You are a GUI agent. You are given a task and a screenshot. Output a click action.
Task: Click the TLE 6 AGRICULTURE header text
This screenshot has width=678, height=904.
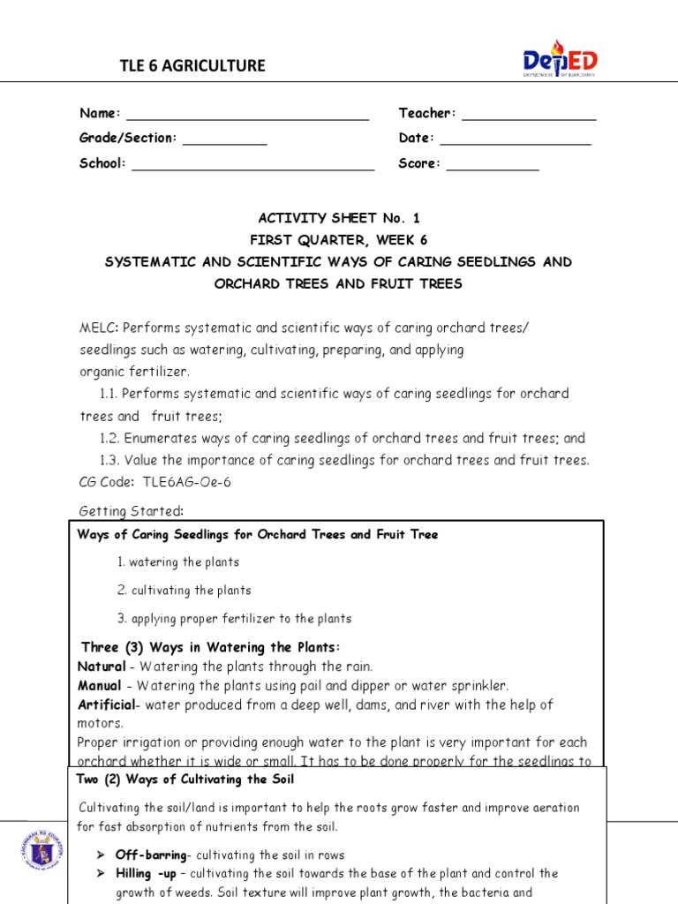pyautogui.click(x=192, y=66)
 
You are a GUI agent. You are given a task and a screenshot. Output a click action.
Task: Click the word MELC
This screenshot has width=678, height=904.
pyautogui.click(x=98, y=328)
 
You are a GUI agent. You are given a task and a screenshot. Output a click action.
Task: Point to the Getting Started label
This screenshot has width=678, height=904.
pyautogui.click(x=132, y=511)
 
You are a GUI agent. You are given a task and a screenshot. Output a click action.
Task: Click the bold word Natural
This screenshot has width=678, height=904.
pyautogui.click(x=102, y=667)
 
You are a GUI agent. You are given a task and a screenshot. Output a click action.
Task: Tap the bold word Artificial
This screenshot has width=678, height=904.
pyautogui.click(x=107, y=704)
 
